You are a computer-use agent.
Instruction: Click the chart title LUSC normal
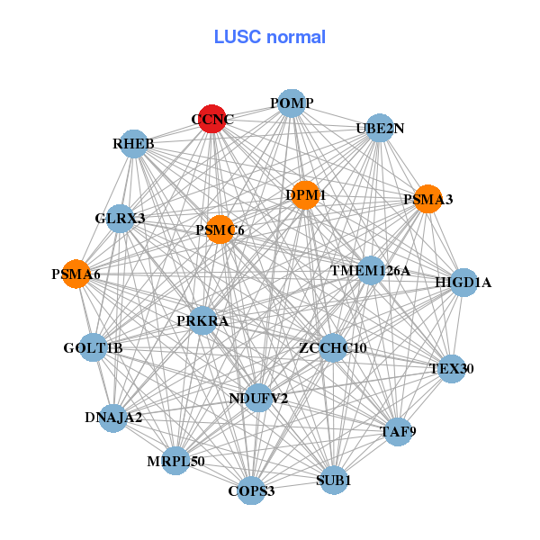269,37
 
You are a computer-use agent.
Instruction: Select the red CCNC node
211,119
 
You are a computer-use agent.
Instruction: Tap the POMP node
291,103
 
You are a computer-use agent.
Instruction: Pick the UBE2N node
380,128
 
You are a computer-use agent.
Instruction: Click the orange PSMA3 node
427,199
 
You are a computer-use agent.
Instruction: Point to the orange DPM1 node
305,195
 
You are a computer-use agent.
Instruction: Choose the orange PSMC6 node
220,230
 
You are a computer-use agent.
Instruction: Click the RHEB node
134,144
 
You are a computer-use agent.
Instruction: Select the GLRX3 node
121,219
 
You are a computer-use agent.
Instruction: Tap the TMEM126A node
370,270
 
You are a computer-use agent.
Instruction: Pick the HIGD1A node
463,283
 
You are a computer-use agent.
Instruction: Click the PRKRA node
202,320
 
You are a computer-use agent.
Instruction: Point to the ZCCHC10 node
333,347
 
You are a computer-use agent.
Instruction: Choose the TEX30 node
451,368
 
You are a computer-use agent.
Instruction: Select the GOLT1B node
94,347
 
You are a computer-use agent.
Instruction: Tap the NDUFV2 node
258,398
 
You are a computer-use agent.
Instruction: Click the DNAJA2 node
113,418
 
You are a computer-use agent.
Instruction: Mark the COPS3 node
251,490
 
